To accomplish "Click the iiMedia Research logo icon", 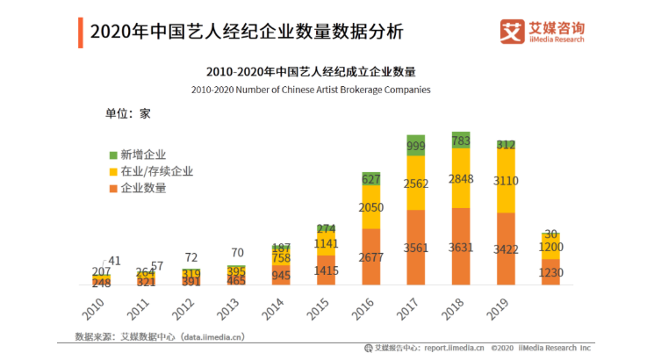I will coord(511,32).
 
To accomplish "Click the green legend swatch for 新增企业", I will coord(112,155).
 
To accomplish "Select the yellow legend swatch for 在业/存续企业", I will coord(112,172).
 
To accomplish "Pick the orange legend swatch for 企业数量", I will coord(112,188).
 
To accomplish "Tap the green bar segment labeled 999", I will coord(415,146).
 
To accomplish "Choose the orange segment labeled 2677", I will coord(370,257).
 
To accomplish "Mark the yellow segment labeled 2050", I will coord(370,206).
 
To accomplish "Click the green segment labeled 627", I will coord(370,178).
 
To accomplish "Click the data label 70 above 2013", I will coord(237,253).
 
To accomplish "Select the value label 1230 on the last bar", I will coord(550,273).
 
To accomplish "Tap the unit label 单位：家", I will coord(129,113).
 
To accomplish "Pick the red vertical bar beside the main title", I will coord(81,33).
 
